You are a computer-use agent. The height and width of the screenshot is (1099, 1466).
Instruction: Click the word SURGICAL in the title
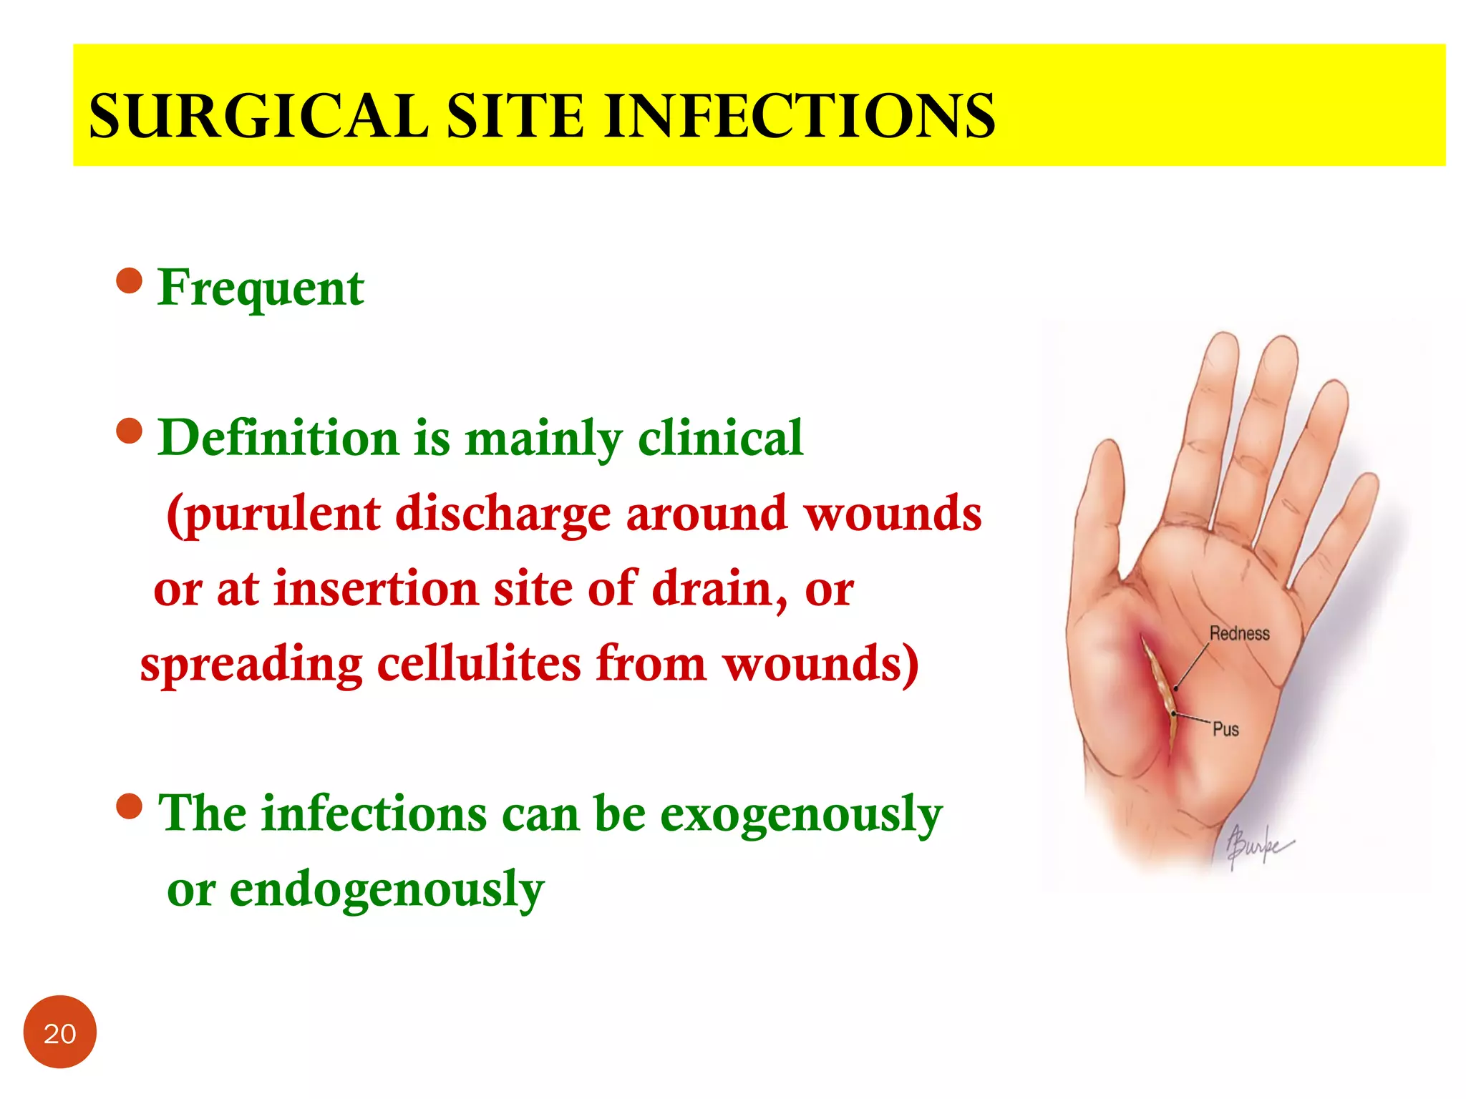pos(258,116)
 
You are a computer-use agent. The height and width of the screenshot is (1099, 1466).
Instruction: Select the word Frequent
pos(261,288)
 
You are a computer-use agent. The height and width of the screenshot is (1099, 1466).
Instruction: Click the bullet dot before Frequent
pos(129,281)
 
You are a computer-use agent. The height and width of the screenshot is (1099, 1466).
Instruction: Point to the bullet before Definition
pos(129,431)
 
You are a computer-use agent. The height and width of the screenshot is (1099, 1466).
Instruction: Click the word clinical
pos(720,438)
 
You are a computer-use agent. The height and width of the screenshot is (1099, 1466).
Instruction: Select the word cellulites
pos(478,664)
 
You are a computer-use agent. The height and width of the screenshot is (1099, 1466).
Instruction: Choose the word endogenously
pos(387,890)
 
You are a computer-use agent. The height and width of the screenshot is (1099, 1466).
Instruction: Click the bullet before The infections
pos(129,806)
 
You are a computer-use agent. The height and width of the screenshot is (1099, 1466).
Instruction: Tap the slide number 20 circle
pos(59,1032)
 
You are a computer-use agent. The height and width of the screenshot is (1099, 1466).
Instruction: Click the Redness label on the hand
pos(1239,633)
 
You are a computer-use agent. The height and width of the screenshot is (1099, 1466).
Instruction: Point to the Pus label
pos(1225,729)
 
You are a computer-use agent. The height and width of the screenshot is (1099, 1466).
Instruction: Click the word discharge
pos(503,515)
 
